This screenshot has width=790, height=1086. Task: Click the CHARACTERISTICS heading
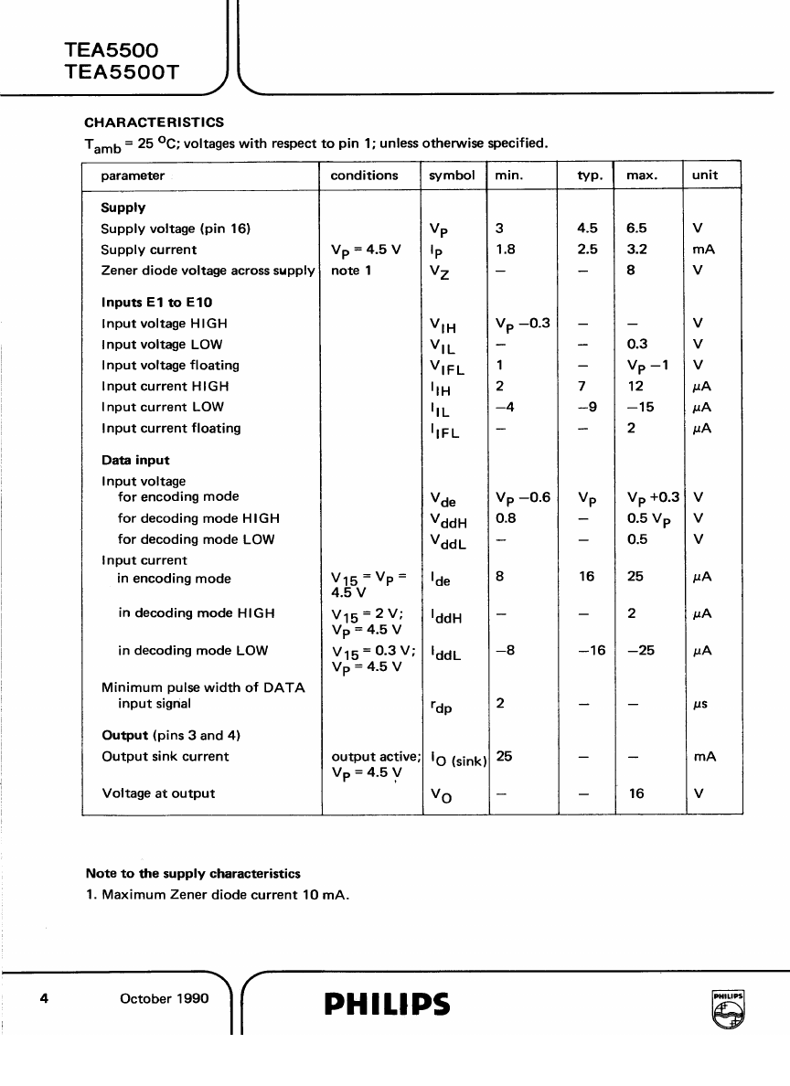coord(154,122)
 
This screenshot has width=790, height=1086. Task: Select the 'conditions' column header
coord(364,176)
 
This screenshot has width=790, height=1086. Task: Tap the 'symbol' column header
coord(452,176)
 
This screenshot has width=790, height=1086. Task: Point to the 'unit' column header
coord(705,176)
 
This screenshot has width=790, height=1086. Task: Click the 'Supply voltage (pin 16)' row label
coord(176,229)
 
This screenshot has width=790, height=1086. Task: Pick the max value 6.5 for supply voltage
coord(637,229)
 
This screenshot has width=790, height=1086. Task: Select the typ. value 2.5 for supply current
coord(588,250)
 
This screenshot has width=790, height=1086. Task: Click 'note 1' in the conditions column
coord(351,271)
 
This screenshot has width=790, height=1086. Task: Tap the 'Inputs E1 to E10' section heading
coord(157,303)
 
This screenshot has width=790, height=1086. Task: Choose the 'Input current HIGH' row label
coord(165,386)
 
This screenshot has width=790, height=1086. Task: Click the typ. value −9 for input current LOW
coord(588,407)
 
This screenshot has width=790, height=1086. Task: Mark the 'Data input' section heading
coord(135,461)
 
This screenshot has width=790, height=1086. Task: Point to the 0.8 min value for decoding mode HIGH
coord(506,518)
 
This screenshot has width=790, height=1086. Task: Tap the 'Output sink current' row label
coord(165,757)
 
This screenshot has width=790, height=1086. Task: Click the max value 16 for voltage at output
coord(636,793)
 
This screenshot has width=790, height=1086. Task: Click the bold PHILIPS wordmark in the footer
coord(387,1004)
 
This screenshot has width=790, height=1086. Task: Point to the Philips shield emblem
coord(728,1009)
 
